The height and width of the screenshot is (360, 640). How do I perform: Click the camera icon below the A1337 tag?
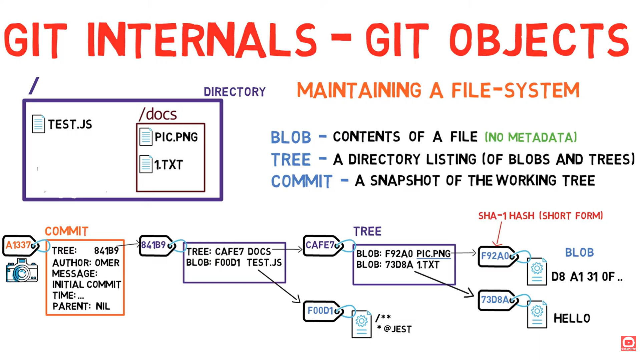click(22, 270)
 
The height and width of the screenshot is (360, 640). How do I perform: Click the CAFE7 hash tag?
click(320, 246)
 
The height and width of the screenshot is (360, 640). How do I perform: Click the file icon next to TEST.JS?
click(38, 124)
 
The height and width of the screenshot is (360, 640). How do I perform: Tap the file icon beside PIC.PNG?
click(146, 137)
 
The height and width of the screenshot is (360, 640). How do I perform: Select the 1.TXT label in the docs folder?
click(169, 165)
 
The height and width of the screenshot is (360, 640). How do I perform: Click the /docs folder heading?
click(158, 114)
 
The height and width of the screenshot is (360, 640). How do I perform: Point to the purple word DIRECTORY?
click(235, 92)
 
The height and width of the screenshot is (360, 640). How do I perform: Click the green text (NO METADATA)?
click(531, 137)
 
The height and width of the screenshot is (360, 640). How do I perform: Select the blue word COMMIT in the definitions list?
click(301, 182)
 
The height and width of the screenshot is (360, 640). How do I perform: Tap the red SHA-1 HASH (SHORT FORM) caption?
click(540, 216)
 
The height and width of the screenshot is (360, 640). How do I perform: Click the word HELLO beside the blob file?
click(572, 318)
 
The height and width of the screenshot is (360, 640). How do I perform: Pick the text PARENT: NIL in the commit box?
click(81, 306)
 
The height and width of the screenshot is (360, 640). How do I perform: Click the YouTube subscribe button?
click(628, 343)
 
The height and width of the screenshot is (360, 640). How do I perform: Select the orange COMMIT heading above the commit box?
click(66, 231)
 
